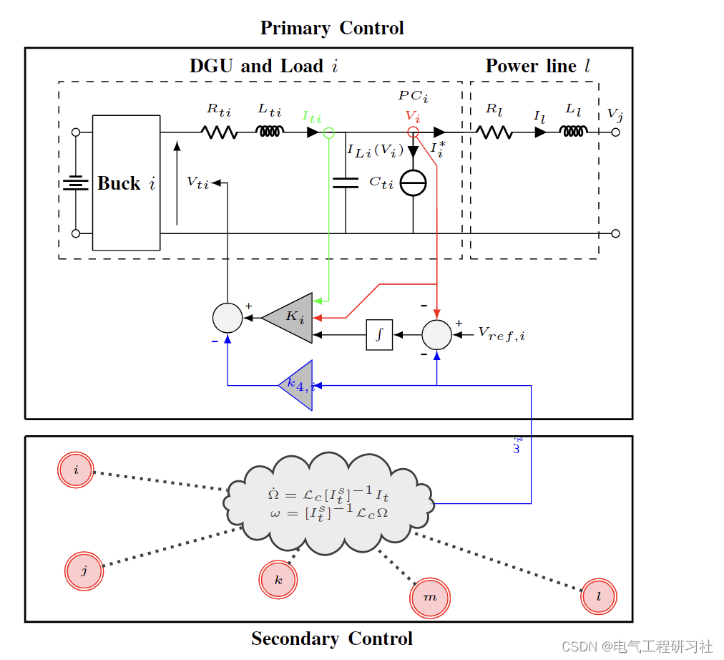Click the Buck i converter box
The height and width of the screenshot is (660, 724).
[126, 183]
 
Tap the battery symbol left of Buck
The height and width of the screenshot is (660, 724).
[75, 183]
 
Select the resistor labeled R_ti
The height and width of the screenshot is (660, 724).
[219, 132]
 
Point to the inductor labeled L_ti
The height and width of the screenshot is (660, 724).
[270, 131]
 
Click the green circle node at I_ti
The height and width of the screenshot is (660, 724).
[328, 132]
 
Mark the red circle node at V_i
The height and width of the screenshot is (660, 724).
[413, 132]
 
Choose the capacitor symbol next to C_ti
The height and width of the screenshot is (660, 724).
[346, 183]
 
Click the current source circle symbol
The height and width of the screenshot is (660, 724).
[413, 183]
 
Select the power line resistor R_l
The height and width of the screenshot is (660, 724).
[494, 132]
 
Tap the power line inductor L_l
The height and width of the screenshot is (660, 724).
[574, 131]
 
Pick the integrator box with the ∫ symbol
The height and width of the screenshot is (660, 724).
[379, 334]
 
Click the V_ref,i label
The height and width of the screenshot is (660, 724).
[502, 334]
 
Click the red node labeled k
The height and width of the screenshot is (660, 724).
[278, 578]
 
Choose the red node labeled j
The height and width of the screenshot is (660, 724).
[84, 571]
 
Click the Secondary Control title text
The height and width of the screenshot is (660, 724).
[332, 639]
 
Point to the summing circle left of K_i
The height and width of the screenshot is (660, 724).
[228, 318]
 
